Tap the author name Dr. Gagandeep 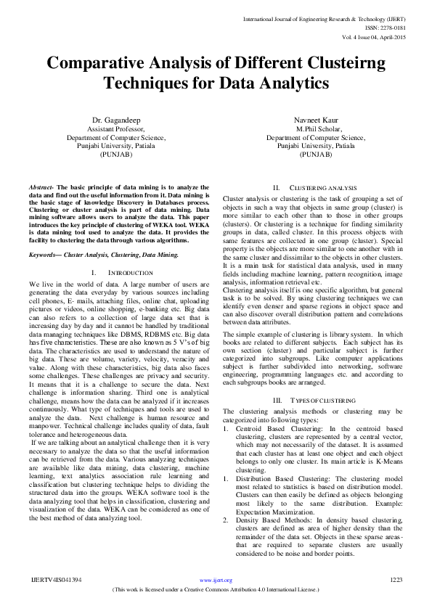[116, 119]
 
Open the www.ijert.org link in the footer [216, 580]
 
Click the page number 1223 [396, 580]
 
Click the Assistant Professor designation [116, 128]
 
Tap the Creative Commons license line [216, 589]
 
